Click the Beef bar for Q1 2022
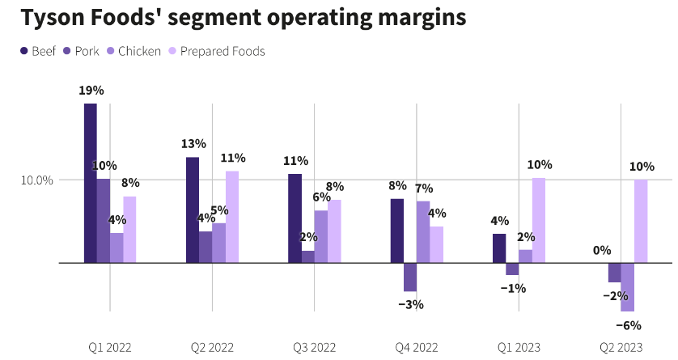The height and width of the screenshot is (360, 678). coord(91,183)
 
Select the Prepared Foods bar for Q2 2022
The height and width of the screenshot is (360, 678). coord(232,217)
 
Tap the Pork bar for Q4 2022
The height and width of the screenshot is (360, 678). coord(410,277)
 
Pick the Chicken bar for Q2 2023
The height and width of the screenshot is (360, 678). coord(628,287)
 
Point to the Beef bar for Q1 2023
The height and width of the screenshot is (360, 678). coord(499,248)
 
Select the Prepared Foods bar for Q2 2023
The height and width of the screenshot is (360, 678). coord(641,221)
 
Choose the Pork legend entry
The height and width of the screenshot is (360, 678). coord(81,52)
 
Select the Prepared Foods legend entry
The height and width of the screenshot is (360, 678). coord(216,52)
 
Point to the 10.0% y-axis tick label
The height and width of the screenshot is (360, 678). coord(36,180)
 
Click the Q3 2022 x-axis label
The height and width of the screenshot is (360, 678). coord(315,347)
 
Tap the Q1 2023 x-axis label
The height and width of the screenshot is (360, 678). coord(519,347)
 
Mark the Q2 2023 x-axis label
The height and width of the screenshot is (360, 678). coord(621,347)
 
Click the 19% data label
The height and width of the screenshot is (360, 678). coord(91,91)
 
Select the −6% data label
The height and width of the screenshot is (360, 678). coord(628,325)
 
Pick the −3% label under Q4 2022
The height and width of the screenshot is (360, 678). coord(410,304)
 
